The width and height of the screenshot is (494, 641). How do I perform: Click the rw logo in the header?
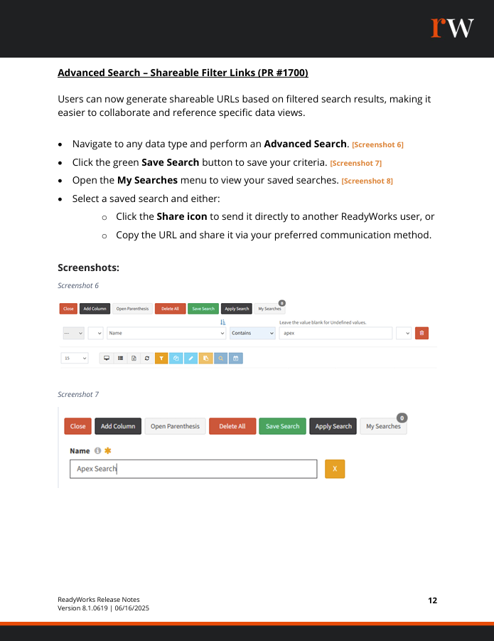pos(451,28)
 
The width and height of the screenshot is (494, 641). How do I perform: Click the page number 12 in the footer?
pos(432,600)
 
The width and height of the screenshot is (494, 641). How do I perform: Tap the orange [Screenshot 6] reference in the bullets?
pos(377,145)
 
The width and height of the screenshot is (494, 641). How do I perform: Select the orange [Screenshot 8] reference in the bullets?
pos(367,181)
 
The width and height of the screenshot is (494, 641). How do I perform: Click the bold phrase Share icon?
pos(182,216)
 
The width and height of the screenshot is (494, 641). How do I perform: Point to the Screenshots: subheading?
pos(88,268)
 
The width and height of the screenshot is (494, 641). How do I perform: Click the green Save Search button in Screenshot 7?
pos(282,426)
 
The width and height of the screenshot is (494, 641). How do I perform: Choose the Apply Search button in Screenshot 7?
pos(333,426)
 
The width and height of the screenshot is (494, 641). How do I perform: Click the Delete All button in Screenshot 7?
pos(232,426)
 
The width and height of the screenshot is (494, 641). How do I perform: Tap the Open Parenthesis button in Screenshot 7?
pos(175,426)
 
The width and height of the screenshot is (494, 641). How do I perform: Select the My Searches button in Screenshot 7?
pos(383,426)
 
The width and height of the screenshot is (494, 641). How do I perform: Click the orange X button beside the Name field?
pos(335,469)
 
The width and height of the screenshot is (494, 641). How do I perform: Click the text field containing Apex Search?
pos(193,469)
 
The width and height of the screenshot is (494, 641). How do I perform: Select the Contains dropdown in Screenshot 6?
pos(252,333)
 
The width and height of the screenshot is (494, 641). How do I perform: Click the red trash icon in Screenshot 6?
pos(421,333)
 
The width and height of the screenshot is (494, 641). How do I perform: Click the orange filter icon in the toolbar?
pos(161,359)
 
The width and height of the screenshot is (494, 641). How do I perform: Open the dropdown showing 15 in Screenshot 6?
pos(74,359)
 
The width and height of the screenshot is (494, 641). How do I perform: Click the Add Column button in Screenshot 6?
pos(94,309)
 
